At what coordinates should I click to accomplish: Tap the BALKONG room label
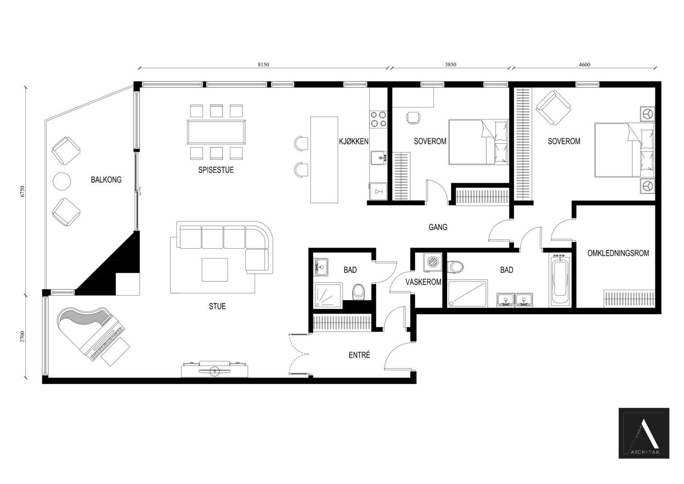click(x=106, y=180)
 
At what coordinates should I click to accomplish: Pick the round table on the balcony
click(x=62, y=181)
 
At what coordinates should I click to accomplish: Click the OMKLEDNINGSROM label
click(x=618, y=253)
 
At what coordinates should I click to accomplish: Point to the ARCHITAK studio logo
click(x=643, y=433)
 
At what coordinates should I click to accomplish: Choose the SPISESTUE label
click(x=216, y=170)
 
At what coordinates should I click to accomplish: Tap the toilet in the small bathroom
click(x=359, y=293)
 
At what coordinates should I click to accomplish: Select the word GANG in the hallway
click(x=438, y=227)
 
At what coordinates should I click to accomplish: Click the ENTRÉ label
click(x=359, y=355)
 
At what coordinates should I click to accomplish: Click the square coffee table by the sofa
click(x=215, y=270)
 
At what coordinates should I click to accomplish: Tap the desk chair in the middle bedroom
click(x=413, y=117)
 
